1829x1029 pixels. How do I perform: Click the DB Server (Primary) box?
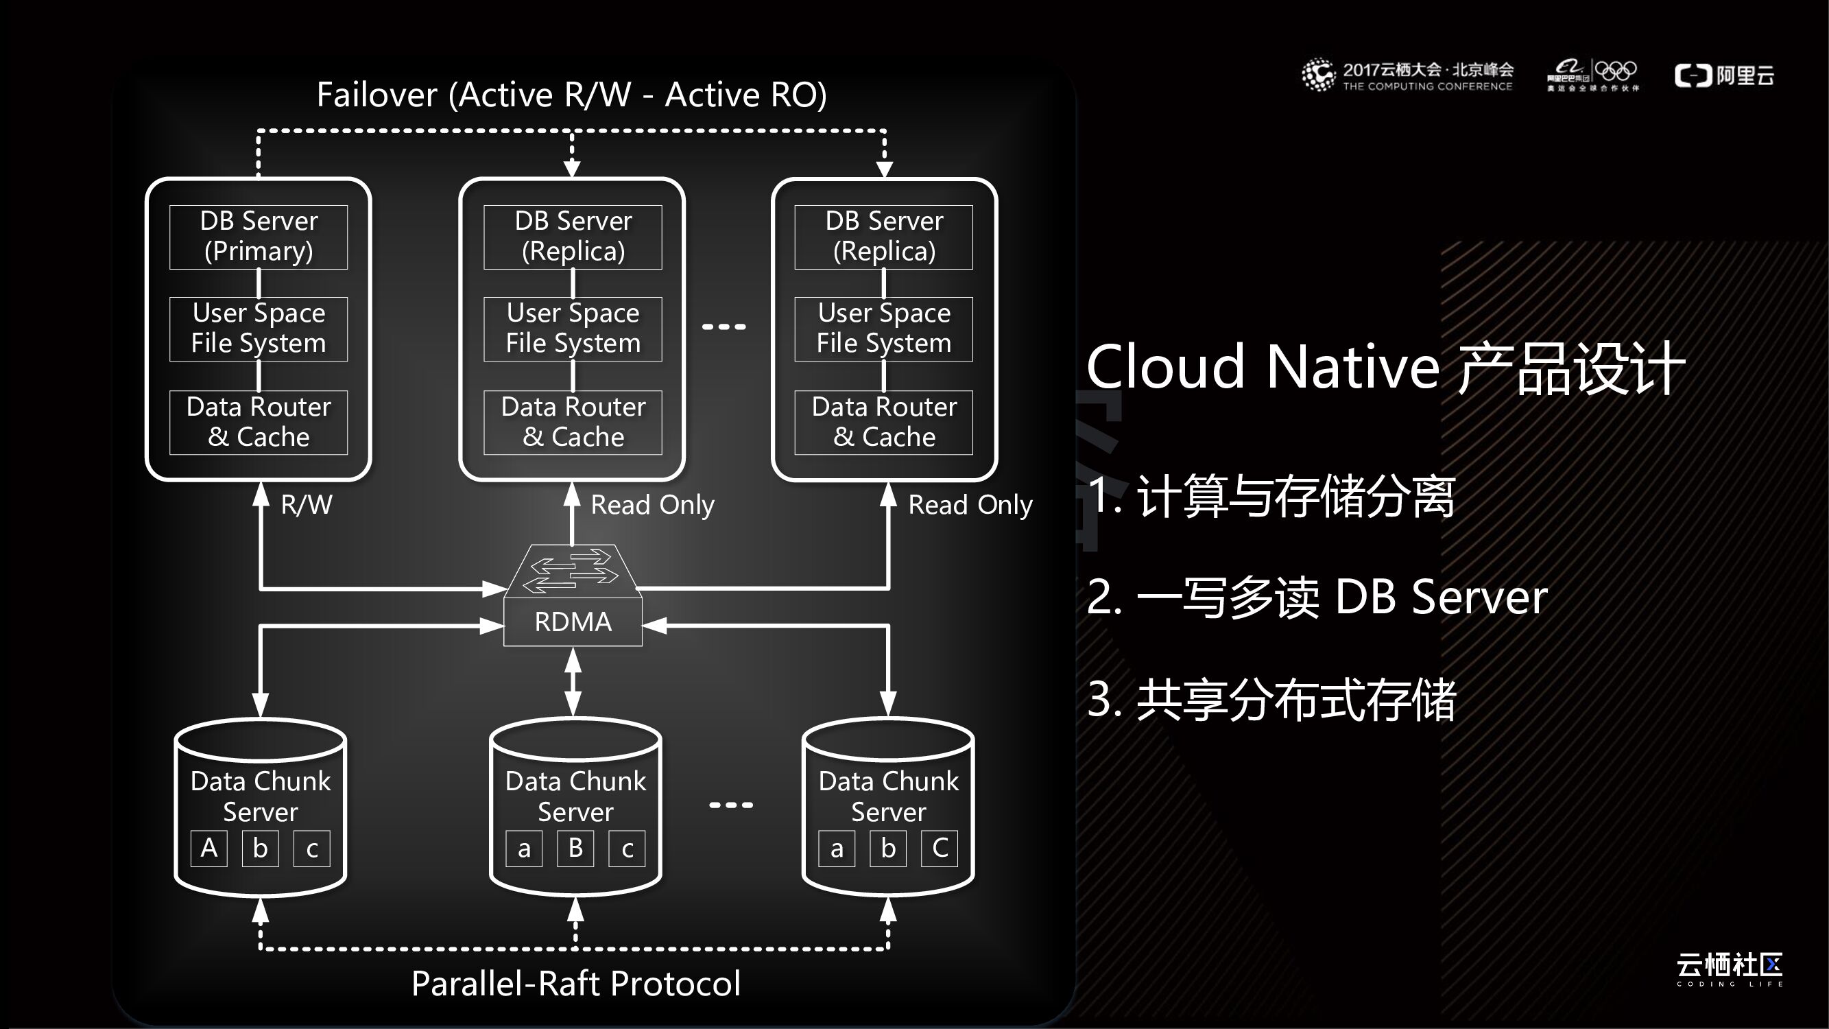click(x=259, y=237)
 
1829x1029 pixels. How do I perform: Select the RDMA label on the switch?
click(x=572, y=622)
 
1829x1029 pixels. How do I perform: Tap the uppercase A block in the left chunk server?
click(x=208, y=848)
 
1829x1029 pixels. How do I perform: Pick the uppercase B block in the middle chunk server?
click(x=575, y=848)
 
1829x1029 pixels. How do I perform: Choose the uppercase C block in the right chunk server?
click(x=940, y=848)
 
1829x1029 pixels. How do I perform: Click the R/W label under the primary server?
click(x=306, y=505)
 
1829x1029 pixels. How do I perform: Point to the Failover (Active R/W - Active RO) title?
click(x=571, y=95)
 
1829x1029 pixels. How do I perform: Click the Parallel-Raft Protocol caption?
click(x=576, y=984)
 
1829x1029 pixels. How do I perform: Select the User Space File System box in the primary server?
click(x=259, y=329)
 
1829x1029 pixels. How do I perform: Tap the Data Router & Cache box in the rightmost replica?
click(x=883, y=422)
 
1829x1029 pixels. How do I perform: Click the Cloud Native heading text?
click(x=1385, y=368)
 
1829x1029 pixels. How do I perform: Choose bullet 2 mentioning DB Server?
click(x=1317, y=598)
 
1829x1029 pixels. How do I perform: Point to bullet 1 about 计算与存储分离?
click(x=1271, y=496)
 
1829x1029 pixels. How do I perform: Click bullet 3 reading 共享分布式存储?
click(x=1271, y=700)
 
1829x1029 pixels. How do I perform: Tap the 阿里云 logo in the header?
click(x=1724, y=75)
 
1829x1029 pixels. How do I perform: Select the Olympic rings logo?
click(x=1615, y=71)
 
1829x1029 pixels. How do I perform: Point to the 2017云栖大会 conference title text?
click(x=1427, y=70)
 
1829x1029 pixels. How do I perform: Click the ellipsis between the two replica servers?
click(x=724, y=327)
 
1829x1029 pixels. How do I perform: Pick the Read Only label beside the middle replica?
click(x=651, y=505)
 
